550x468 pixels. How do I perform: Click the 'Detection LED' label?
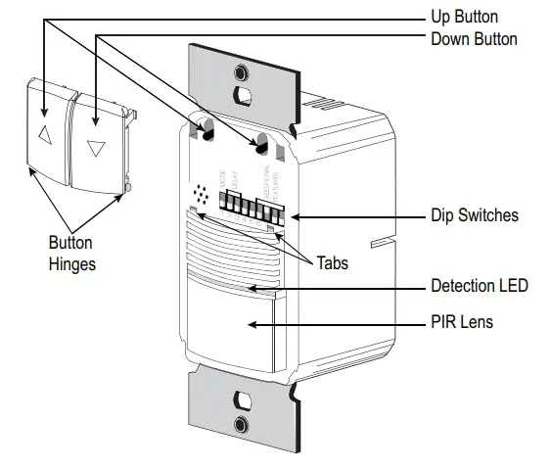click(480, 287)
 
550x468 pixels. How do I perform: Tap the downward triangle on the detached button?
click(96, 148)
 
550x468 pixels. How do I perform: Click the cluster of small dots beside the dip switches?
click(202, 195)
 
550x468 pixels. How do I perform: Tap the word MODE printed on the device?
click(222, 176)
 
